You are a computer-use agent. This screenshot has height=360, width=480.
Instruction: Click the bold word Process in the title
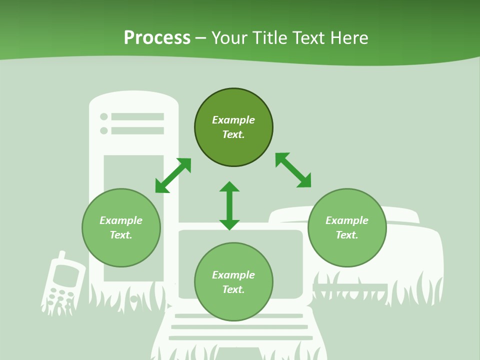[x=157, y=37]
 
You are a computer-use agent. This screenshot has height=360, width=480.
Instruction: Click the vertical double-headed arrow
[x=229, y=205]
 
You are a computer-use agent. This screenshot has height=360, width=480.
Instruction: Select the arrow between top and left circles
[x=173, y=175]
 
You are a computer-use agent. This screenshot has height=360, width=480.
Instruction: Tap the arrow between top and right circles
[x=293, y=170]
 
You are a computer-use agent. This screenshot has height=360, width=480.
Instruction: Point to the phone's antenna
[x=61, y=256]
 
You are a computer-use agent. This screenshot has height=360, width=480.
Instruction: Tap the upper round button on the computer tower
[x=104, y=116]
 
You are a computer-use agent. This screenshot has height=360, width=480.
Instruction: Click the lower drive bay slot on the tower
[x=137, y=130]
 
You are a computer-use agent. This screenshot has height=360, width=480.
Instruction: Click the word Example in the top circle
[x=233, y=120]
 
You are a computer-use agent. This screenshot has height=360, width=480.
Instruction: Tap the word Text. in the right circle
[x=347, y=235]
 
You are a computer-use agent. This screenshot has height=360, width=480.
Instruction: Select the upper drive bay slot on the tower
[x=137, y=116]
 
